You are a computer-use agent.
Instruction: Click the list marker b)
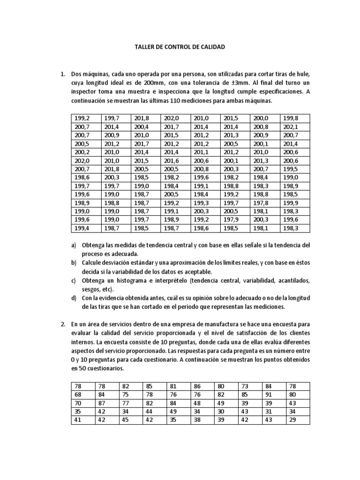pos(74,262)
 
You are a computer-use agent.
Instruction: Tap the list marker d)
pos(74,298)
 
